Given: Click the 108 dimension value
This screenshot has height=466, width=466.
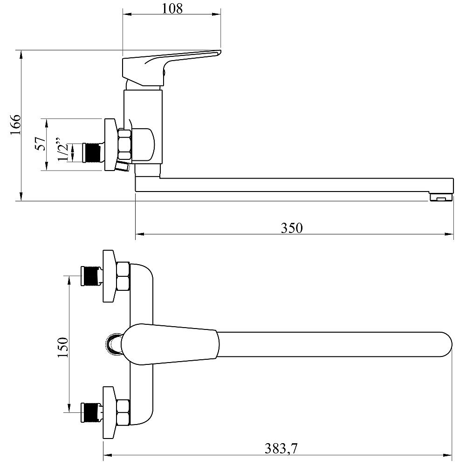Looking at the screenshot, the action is pyautogui.click(x=172, y=8).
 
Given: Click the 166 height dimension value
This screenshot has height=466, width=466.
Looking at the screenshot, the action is pyautogui.click(x=15, y=124).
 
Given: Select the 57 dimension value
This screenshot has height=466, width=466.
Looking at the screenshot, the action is pyautogui.click(x=41, y=144).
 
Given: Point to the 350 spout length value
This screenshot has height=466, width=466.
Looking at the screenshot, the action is pyautogui.click(x=292, y=228).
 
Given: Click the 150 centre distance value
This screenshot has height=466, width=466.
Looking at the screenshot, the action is pyautogui.click(x=63, y=348).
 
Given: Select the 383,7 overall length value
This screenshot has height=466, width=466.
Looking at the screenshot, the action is pyautogui.click(x=281, y=448).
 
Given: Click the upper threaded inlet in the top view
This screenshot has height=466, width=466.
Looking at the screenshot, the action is pyautogui.click(x=92, y=276).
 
